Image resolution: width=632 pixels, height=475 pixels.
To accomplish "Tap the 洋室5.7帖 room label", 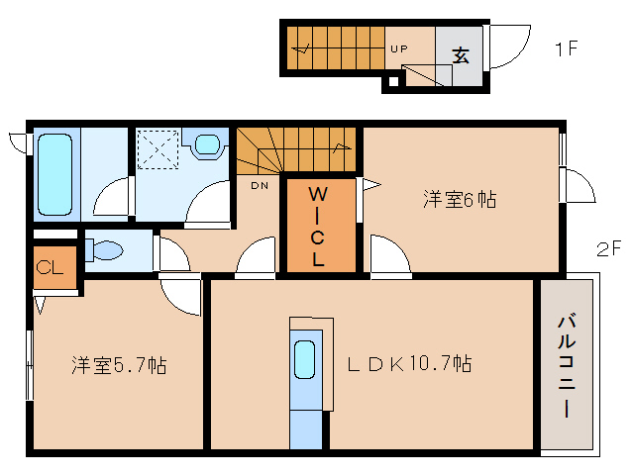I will click(118, 366).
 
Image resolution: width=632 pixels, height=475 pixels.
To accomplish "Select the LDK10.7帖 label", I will click(408, 364).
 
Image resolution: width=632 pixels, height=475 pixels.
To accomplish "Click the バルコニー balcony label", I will click(567, 365).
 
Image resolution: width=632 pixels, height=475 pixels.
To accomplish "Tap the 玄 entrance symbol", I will click(461, 55).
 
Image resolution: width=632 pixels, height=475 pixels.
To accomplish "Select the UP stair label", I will click(398, 47).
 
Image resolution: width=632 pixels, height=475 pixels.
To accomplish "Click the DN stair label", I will click(259, 185).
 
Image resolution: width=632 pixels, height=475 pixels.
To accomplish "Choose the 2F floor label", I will click(607, 248).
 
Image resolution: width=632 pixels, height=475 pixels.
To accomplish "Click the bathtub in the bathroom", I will click(55, 175).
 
